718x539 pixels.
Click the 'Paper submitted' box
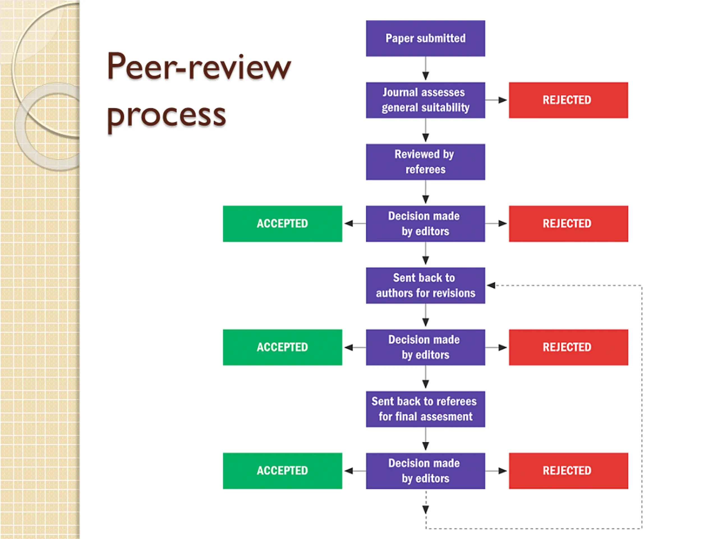(x=425, y=38)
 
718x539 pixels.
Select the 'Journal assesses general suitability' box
(x=425, y=100)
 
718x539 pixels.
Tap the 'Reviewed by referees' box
(x=425, y=162)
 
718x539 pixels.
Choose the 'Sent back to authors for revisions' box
(x=425, y=286)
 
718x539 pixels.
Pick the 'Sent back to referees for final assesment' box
(x=425, y=409)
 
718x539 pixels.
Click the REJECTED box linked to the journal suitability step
(x=568, y=100)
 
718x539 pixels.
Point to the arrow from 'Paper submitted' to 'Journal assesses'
(x=425, y=68)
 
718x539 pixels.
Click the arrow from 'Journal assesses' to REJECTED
(x=496, y=100)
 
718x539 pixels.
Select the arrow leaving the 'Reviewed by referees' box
(x=425, y=192)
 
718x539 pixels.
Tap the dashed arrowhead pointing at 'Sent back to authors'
(x=491, y=286)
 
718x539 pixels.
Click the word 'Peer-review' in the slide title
(x=199, y=67)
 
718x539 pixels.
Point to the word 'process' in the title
(x=166, y=116)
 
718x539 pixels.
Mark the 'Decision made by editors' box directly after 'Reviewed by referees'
(x=425, y=223)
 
